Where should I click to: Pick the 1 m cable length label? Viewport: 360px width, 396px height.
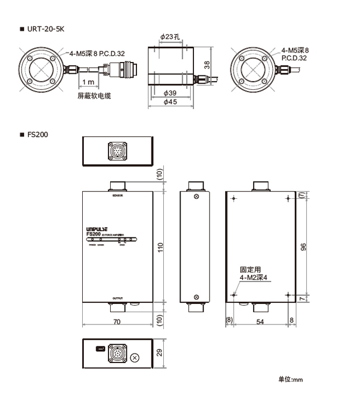pyautogui.click(x=87, y=83)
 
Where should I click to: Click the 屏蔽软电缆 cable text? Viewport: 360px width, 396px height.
pyautogui.click(x=94, y=96)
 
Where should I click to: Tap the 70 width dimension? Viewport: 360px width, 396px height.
pyautogui.click(x=117, y=322)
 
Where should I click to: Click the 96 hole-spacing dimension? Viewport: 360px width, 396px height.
pyautogui.click(x=304, y=247)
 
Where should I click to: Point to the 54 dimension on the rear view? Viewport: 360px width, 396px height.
pyautogui.click(x=260, y=322)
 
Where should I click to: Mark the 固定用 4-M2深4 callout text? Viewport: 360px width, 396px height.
pyautogui.click(x=254, y=273)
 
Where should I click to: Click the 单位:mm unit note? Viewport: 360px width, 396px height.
pyautogui.click(x=290, y=380)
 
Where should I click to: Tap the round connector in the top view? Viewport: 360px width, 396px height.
pyautogui.click(x=117, y=150)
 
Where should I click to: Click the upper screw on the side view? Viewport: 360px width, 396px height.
pyautogui.click(x=196, y=197)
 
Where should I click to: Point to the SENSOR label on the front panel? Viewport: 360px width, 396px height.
pyautogui.click(x=117, y=197)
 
